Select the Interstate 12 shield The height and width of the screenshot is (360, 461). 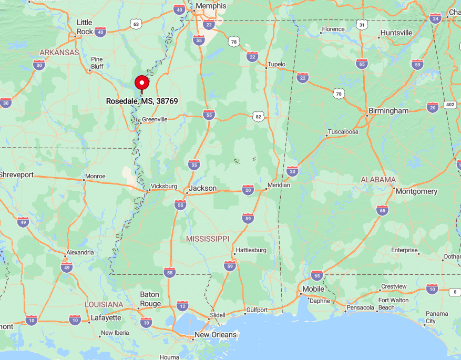(x=182, y=306)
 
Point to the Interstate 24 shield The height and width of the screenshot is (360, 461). (x=435, y=18)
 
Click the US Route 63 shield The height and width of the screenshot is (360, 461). (x=136, y=24)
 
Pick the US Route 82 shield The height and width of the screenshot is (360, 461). (x=258, y=117)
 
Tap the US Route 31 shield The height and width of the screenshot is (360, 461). (x=361, y=25)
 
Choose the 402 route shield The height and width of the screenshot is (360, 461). (x=450, y=105)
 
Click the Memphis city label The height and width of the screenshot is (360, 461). (x=210, y=6)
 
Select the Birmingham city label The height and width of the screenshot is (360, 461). (x=388, y=111)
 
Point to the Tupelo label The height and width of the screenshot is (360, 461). (x=276, y=65)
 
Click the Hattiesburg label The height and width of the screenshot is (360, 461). (x=251, y=250)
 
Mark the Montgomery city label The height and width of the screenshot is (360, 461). (x=416, y=191)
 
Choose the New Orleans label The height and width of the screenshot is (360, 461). (x=216, y=335)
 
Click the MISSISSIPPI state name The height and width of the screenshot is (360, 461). (x=208, y=239)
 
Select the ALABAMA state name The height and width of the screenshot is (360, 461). (x=378, y=180)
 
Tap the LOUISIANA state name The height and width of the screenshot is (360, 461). (x=104, y=305)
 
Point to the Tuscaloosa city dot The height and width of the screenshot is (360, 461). (x=326, y=136)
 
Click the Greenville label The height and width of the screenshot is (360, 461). (x=155, y=119)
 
